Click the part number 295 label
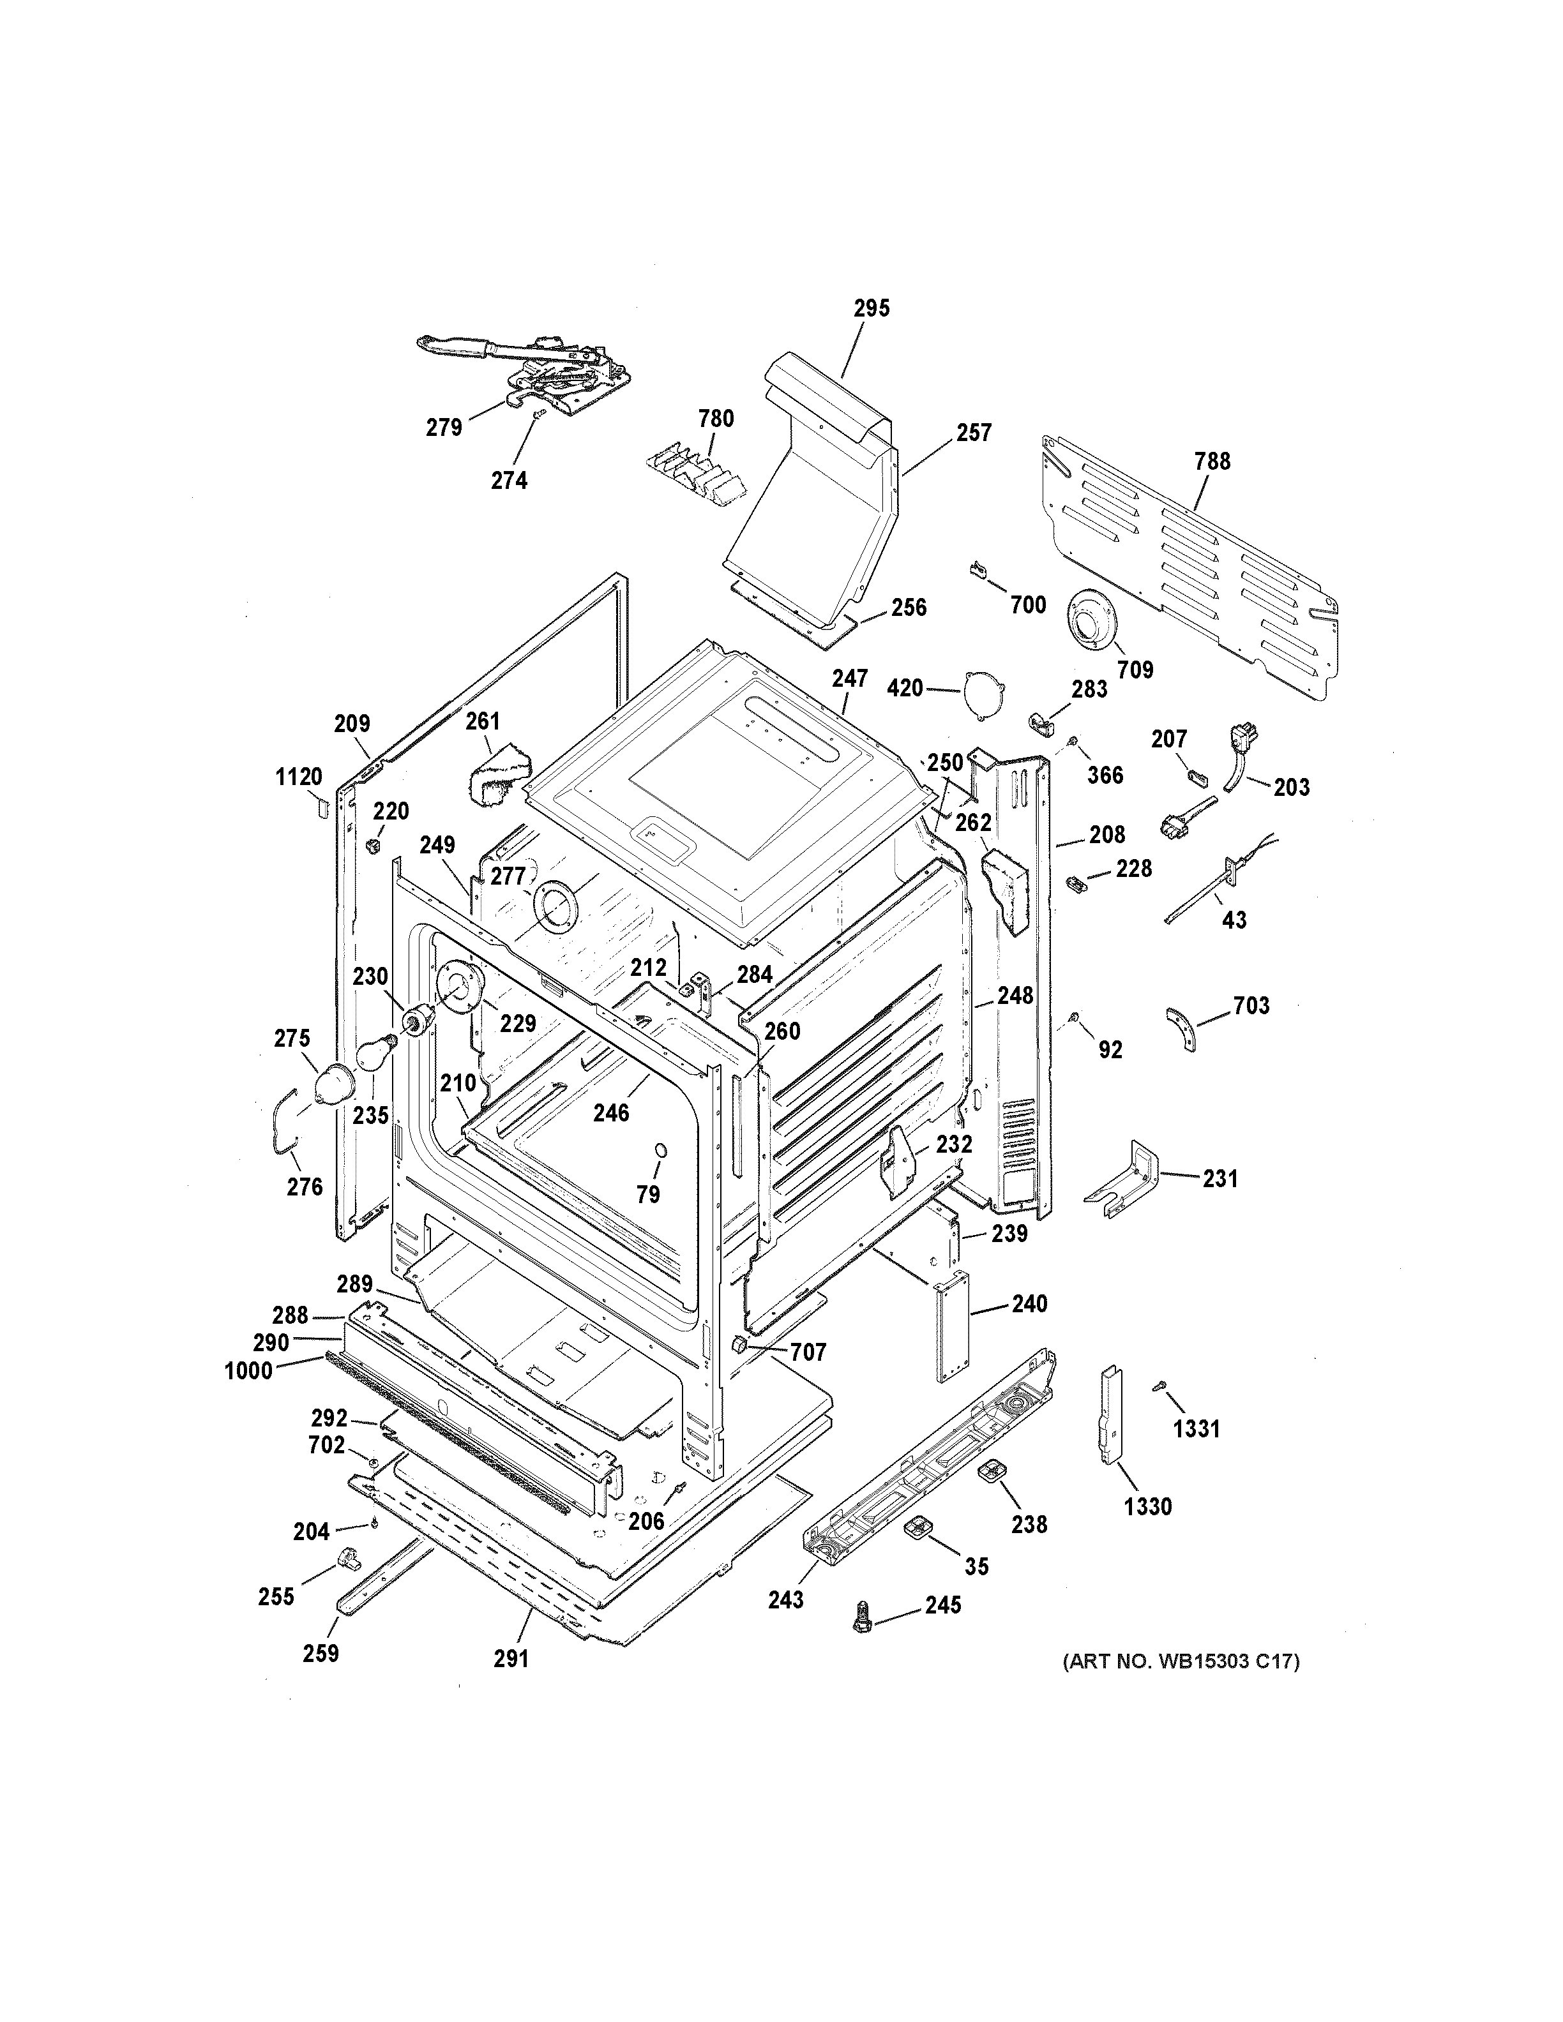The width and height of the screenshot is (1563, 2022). pos(870,308)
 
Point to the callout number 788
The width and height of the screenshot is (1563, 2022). pos(1212,461)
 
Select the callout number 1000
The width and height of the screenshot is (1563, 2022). pos(248,1371)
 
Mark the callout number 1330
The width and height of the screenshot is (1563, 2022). pos(1147,1506)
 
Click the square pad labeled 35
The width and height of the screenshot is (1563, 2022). pos(917,1527)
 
